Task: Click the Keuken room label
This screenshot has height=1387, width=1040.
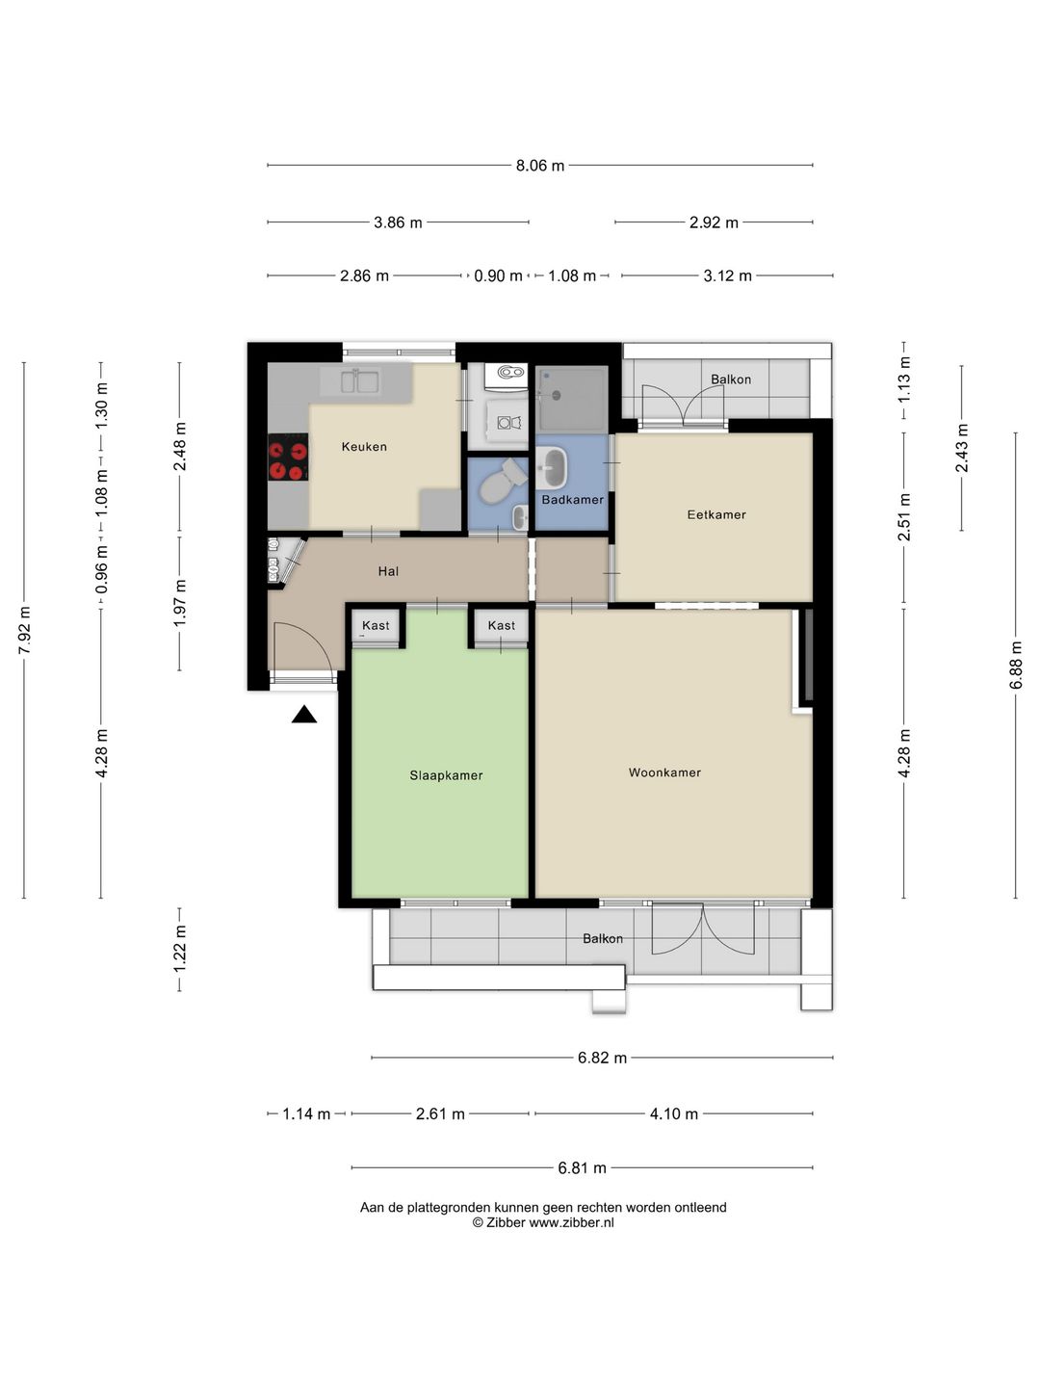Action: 364,447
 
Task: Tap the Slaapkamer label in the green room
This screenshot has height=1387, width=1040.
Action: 446,775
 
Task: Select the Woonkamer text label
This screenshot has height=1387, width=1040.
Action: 664,772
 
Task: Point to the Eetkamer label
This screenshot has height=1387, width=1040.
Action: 716,514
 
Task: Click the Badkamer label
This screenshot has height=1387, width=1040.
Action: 572,499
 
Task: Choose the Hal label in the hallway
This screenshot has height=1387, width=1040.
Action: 388,571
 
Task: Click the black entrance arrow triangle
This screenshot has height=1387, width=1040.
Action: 303,714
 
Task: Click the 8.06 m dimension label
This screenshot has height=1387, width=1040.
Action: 540,166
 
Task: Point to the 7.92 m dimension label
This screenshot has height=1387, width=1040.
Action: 24,631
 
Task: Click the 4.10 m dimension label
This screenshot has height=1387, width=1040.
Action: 674,1114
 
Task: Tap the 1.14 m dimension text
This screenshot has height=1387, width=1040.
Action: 305,1114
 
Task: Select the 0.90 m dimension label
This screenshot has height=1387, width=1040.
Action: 498,276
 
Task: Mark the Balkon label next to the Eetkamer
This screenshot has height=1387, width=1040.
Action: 731,379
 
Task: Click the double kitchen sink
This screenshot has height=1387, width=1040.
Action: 359,381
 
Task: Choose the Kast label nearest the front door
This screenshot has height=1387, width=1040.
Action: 376,625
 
